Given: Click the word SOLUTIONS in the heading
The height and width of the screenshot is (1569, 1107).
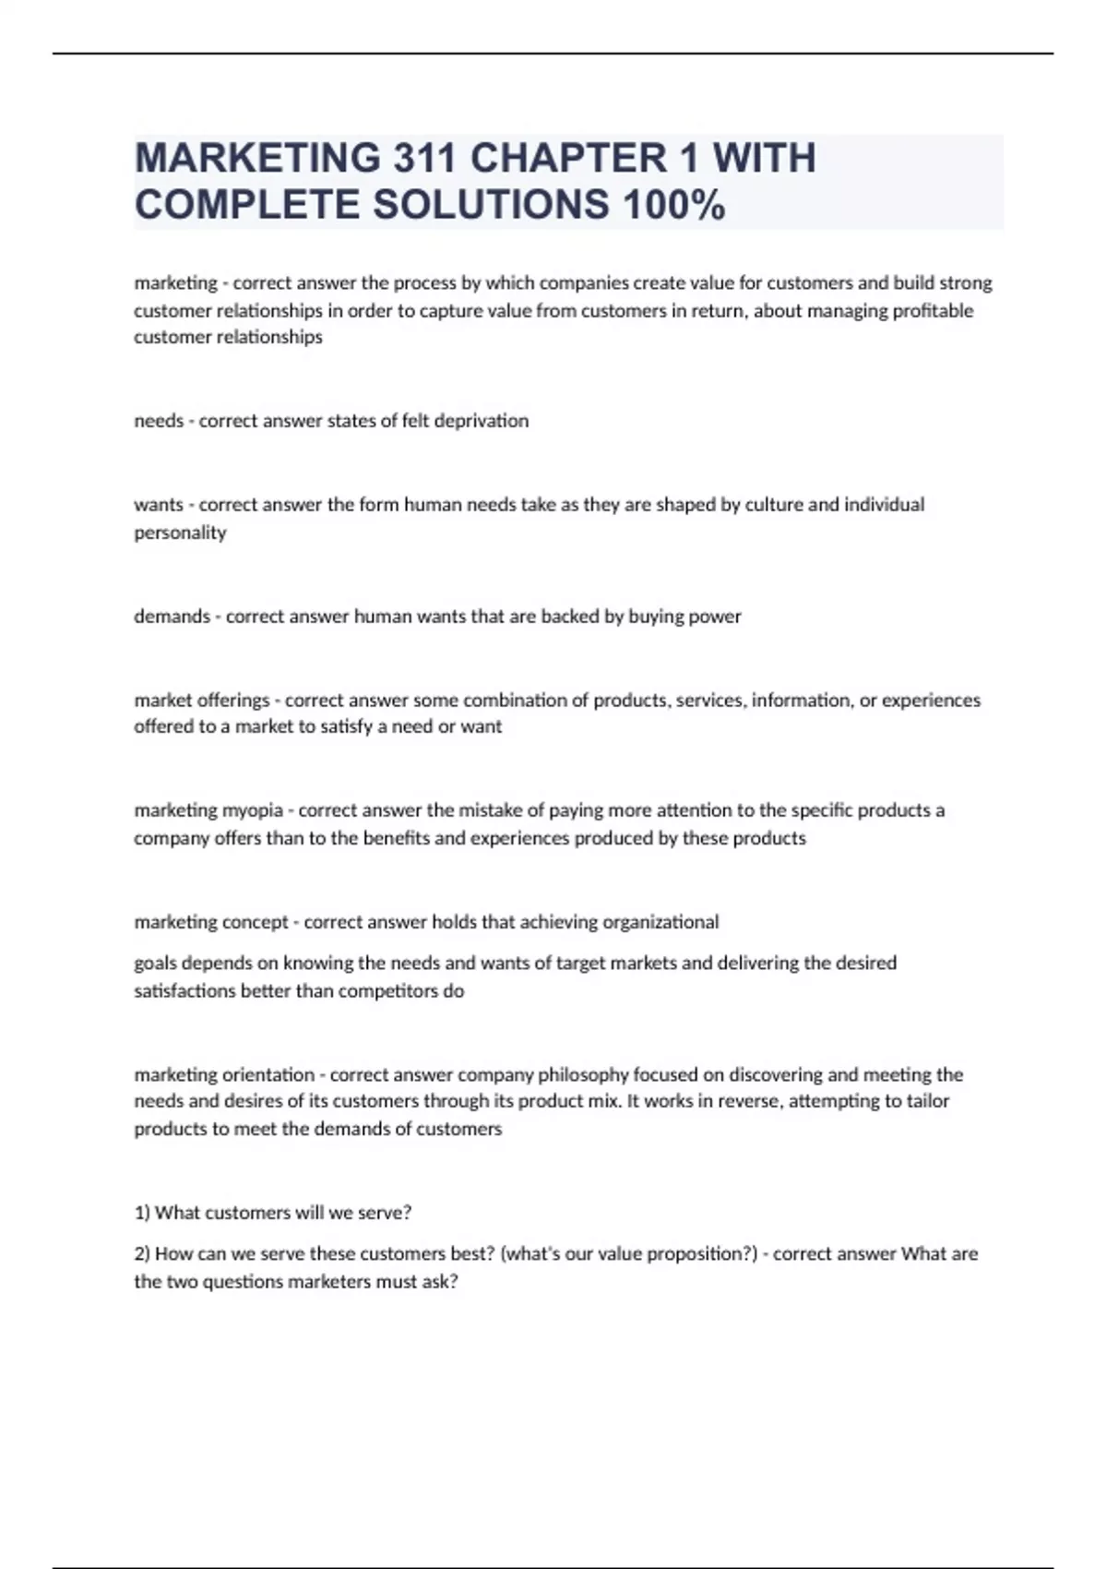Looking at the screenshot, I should click(x=491, y=205).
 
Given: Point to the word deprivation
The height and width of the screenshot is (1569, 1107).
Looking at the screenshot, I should click(x=482, y=421).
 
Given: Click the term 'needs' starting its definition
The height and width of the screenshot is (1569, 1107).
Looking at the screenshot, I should click(x=159, y=421).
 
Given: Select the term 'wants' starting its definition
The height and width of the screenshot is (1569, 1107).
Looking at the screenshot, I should click(x=159, y=505).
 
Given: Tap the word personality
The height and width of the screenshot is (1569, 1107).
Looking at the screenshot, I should click(x=180, y=533).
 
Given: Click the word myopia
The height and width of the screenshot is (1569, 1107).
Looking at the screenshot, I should click(x=252, y=810).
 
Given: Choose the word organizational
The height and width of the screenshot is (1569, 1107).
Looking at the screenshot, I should click(x=661, y=922).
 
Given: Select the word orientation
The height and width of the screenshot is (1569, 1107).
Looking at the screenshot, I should click(x=268, y=1074).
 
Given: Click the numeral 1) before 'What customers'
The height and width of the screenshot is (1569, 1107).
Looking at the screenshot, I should click(x=142, y=1213).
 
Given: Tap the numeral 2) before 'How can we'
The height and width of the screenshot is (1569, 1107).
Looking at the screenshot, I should click(x=142, y=1254).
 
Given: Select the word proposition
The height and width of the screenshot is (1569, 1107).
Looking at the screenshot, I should click(x=696, y=1254).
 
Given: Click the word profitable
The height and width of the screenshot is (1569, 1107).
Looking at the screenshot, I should click(x=933, y=311).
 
